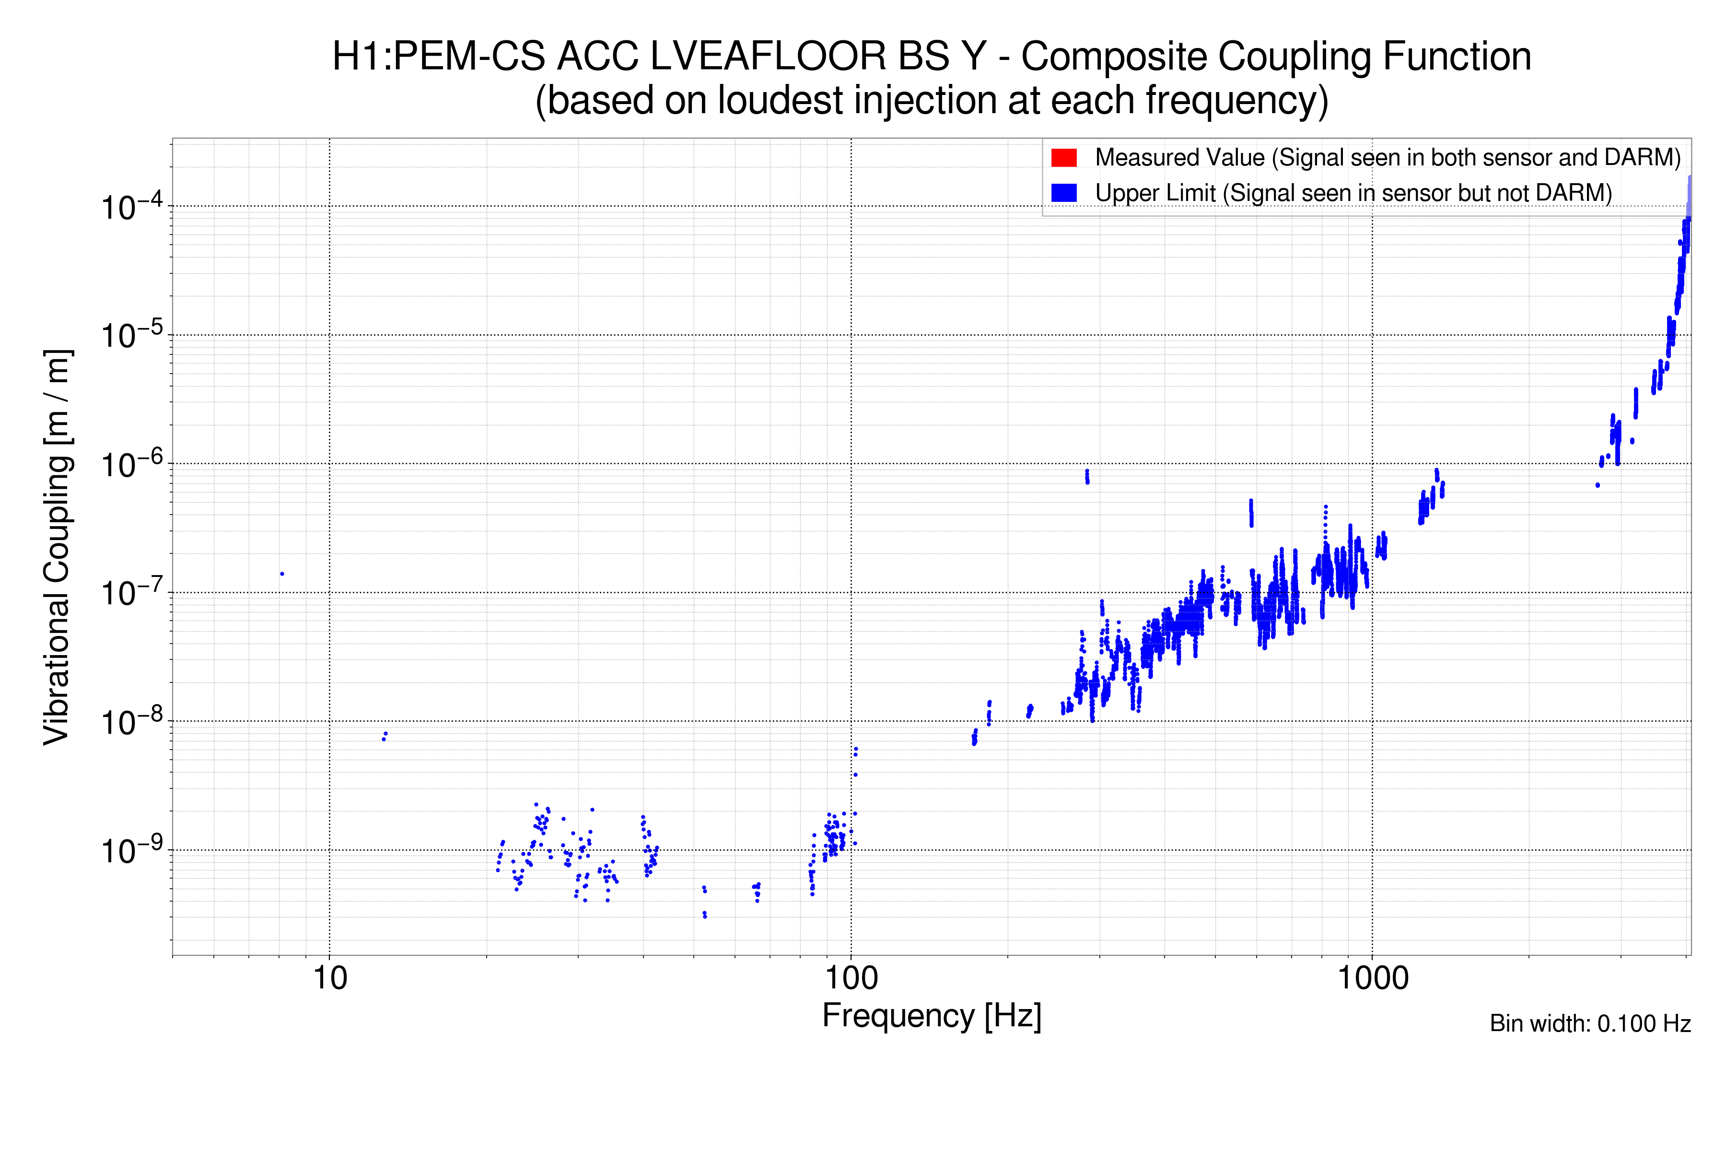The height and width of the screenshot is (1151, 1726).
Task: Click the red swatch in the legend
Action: (x=1063, y=158)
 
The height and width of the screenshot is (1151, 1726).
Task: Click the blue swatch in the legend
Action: (x=1063, y=193)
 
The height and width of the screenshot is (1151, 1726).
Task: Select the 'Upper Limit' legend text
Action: (x=1353, y=193)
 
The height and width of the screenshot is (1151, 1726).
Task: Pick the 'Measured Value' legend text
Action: (x=1387, y=158)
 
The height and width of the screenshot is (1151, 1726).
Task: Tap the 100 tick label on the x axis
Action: (x=851, y=978)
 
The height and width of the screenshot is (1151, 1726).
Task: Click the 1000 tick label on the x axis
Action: (x=1372, y=978)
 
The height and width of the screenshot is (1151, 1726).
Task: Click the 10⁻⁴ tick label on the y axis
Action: (x=129, y=208)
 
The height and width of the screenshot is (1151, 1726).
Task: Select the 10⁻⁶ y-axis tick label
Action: (x=129, y=465)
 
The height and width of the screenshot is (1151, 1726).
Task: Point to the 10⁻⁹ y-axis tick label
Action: (x=129, y=852)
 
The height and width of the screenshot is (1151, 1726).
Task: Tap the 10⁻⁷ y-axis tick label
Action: (x=129, y=594)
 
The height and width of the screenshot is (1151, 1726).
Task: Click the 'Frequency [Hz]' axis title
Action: (x=931, y=1016)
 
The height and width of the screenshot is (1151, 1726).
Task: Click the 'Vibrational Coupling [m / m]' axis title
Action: (x=57, y=547)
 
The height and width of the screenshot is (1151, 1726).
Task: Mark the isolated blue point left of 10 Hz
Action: (x=282, y=574)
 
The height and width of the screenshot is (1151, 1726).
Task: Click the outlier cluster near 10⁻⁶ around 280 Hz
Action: (x=1087, y=476)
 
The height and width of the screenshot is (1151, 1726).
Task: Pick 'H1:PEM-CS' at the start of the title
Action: (x=438, y=57)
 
